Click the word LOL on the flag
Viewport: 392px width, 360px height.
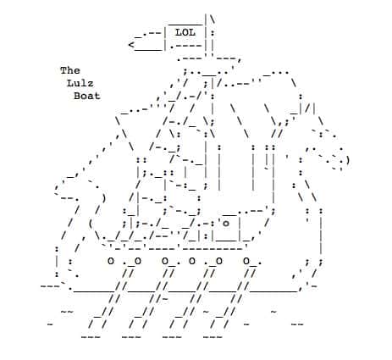tap(185, 32)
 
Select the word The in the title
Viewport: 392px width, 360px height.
tap(70, 70)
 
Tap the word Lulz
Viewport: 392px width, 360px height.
tap(80, 83)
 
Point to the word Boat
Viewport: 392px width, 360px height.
tap(87, 96)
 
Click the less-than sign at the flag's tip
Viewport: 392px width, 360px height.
tap(131, 45)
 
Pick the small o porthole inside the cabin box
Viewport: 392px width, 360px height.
tap(226, 224)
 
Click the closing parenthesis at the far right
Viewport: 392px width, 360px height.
tap(348, 161)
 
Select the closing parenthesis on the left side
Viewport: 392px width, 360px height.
tap(104, 198)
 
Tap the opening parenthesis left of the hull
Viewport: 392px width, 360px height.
tap(91, 224)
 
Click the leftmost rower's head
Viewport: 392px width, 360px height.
tap(111, 261)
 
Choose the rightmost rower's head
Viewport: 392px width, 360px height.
tap(246, 261)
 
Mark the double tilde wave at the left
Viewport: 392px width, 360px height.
tap(67, 312)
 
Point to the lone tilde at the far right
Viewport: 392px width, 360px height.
tap(273, 312)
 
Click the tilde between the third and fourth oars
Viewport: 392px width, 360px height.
tap(206, 312)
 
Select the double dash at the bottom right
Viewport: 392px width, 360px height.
tap(297, 324)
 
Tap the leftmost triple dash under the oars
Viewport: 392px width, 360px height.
tap(91, 337)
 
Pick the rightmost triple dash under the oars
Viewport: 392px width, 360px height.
tap(213, 337)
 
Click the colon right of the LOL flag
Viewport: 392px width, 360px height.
tap(213, 34)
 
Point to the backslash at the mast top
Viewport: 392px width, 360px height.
tap(213, 19)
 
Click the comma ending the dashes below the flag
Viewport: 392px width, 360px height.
tap(240, 60)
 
